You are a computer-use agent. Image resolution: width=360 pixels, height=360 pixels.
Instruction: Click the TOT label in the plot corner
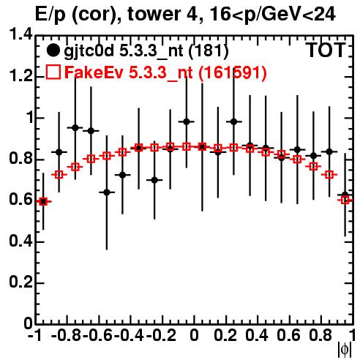326,50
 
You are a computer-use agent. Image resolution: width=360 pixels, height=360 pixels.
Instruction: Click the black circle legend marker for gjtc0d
53,50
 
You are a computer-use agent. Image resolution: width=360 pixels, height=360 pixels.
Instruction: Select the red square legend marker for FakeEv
53,72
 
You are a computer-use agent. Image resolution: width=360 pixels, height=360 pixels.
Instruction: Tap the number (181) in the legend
209,51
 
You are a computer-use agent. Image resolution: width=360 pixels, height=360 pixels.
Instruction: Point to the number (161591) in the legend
233,72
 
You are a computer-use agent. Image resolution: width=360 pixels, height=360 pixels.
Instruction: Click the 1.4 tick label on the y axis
20,34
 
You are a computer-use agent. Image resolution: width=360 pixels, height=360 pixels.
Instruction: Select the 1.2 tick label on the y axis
20,76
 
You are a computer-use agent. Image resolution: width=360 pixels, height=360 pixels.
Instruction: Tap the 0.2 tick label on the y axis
20,282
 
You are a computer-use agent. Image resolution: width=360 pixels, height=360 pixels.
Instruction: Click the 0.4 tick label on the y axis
20,241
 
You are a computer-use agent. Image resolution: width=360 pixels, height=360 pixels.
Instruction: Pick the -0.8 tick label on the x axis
66,336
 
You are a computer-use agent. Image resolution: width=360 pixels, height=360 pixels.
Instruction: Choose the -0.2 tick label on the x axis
161,336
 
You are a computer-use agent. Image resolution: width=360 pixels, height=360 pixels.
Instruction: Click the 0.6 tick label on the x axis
288,336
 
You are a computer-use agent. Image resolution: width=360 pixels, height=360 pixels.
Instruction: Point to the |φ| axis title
345,350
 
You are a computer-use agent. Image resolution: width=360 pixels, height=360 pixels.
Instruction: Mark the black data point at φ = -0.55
107,192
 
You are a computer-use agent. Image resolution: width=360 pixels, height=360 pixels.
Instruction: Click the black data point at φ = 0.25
233,121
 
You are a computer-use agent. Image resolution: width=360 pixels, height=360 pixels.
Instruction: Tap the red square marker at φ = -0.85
59,175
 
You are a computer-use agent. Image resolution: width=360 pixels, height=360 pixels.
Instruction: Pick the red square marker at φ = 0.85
329,175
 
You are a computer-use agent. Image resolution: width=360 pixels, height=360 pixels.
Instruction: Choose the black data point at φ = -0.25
154,180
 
